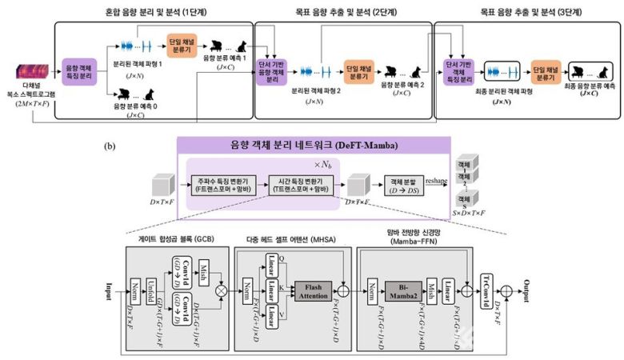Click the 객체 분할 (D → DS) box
[x=406, y=186]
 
